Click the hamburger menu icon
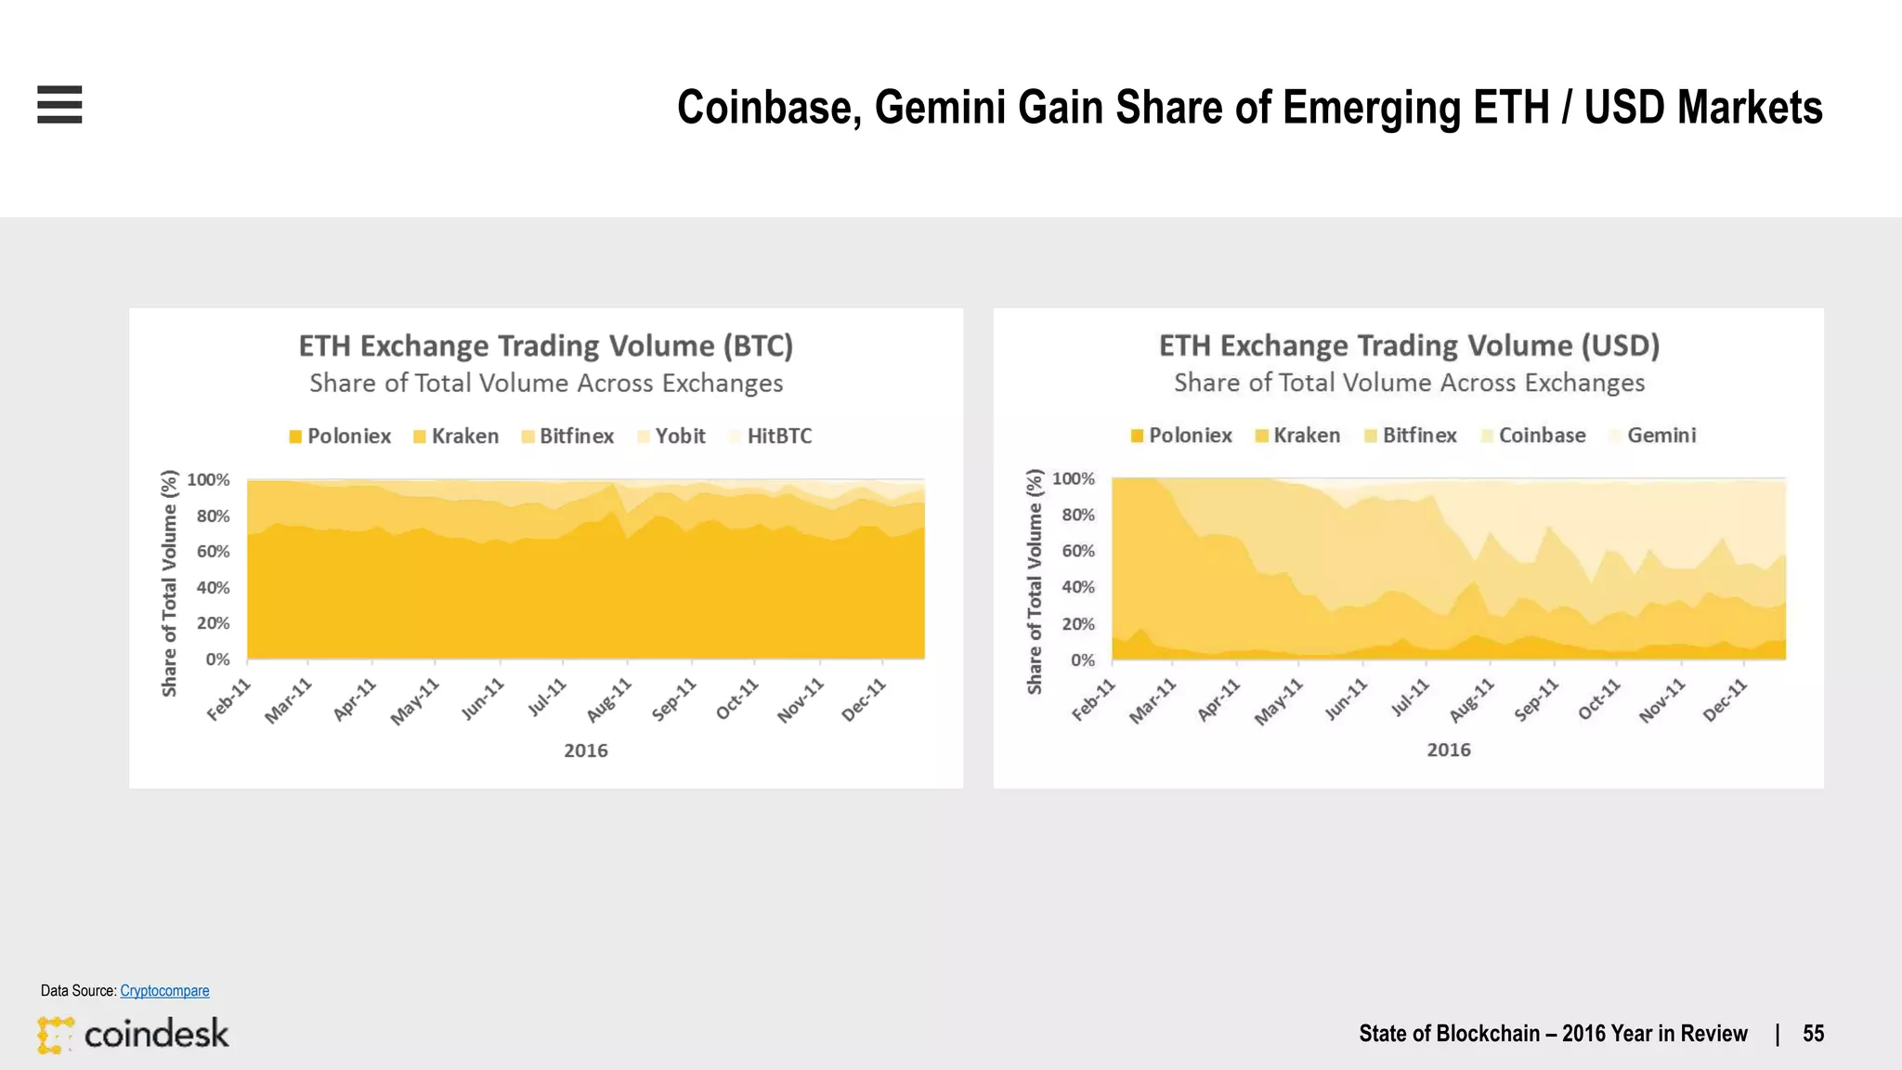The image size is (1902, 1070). (59, 104)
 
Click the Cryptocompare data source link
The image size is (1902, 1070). (164, 991)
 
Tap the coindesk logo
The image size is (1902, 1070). (133, 1034)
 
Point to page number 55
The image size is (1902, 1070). (1813, 1034)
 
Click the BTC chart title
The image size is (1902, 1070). (545, 346)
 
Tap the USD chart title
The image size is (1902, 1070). (1408, 346)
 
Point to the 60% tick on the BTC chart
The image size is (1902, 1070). (213, 552)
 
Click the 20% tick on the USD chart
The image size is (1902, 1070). (1077, 624)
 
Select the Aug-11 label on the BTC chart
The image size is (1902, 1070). (609, 700)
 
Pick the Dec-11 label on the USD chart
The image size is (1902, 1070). (1725, 700)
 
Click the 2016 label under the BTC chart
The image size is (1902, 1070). (585, 750)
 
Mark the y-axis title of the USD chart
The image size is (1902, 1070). (1035, 581)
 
